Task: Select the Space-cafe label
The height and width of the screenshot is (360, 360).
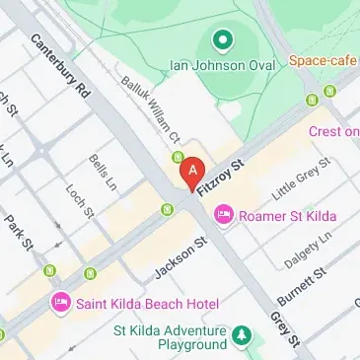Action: [x=324, y=60]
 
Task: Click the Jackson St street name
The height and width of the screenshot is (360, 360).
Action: [x=180, y=256]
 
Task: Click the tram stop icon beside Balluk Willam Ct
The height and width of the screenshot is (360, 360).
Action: [x=178, y=157]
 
